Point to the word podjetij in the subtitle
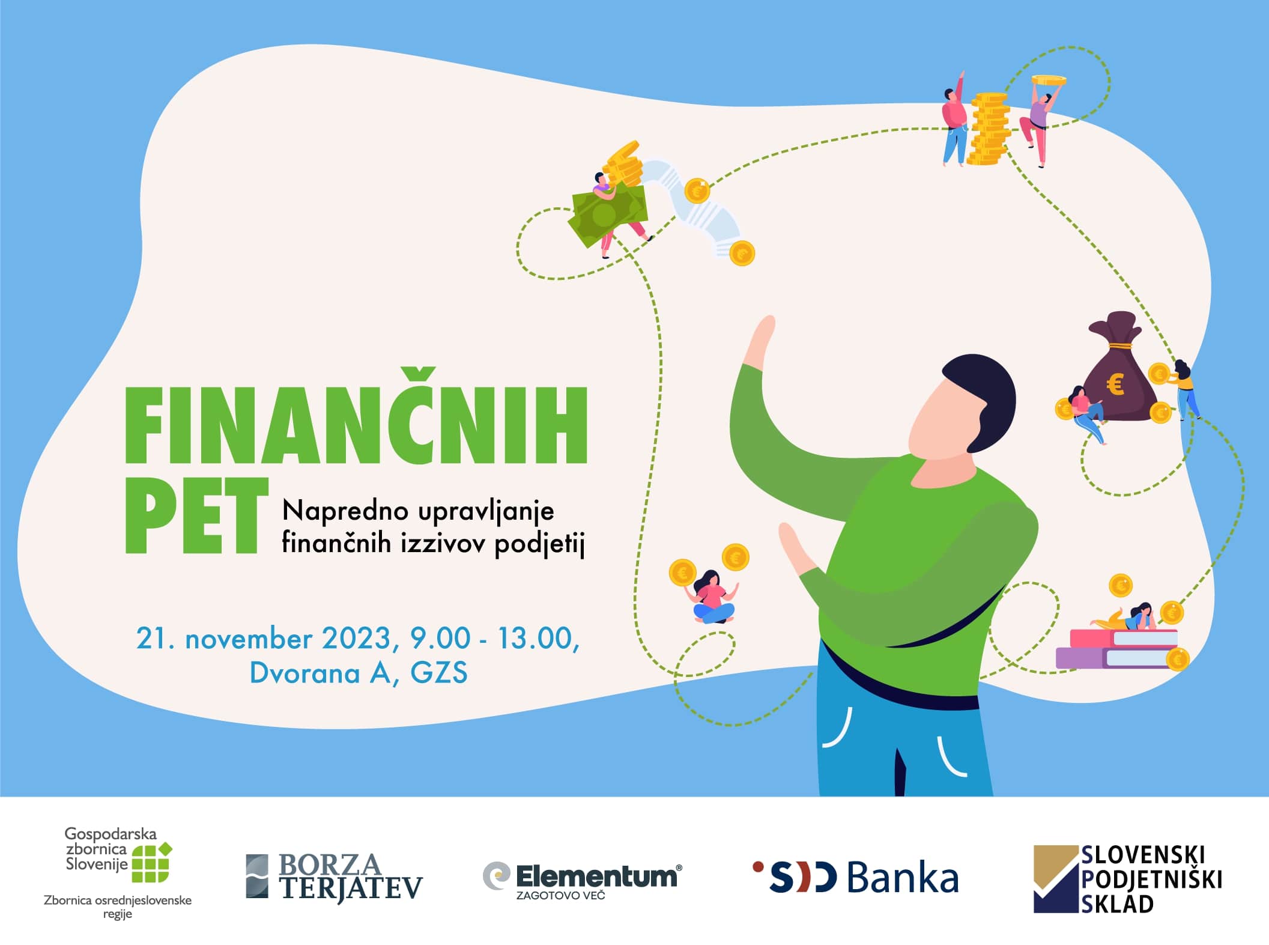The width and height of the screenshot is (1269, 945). (539, 544)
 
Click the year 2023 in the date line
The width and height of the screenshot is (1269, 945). (357, 638)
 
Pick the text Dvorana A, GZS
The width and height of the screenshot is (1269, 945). (359, 673)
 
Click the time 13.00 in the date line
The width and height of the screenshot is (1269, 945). (534, 638)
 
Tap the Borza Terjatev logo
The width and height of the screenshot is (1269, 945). (335, 877)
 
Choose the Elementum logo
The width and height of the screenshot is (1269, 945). (582, 880)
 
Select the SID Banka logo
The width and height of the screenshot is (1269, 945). (855, 877)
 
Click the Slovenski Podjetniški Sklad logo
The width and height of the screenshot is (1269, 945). (1128, 879)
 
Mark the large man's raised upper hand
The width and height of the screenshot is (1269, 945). (760, 339)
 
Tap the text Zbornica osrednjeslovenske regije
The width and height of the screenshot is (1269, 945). (118, 907)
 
